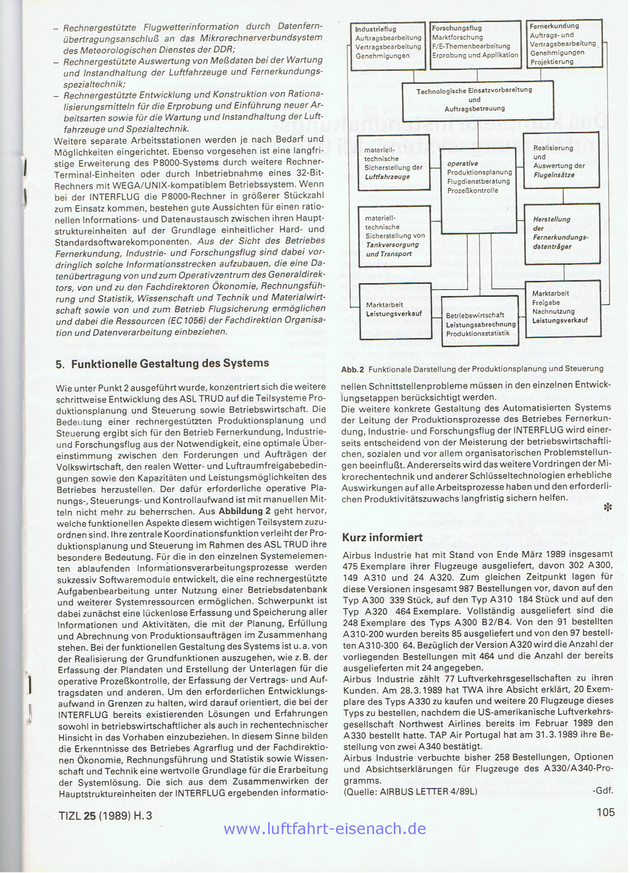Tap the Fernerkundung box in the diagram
tap(563, 43)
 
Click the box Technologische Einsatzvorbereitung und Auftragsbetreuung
tap(478, 100)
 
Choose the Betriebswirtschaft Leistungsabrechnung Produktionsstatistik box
tap(480, 324)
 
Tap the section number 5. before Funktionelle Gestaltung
tap(60, 364)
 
